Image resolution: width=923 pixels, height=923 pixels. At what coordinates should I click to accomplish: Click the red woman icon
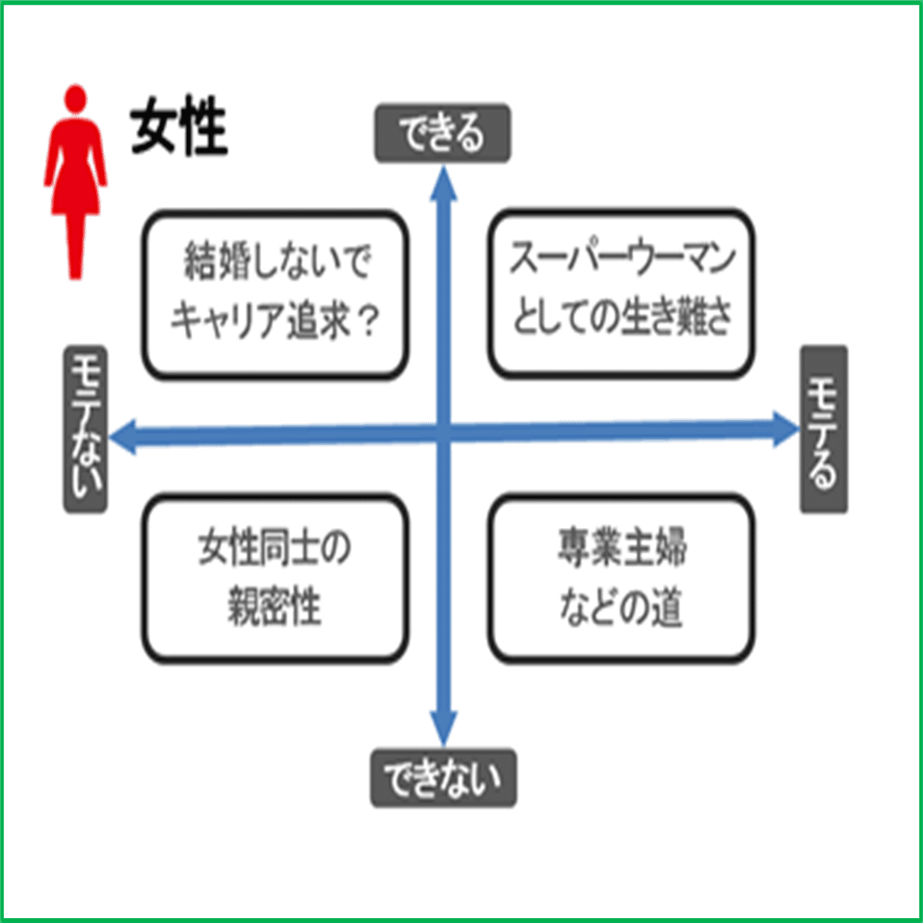click(76, 183)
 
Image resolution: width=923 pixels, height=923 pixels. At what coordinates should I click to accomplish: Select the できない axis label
click(443, 778)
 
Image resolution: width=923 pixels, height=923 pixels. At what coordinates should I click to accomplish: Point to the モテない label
click(84, 429)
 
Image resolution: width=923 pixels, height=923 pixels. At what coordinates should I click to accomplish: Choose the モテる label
click(824, 429)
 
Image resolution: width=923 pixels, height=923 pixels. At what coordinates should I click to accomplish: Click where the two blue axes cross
click(444, 433)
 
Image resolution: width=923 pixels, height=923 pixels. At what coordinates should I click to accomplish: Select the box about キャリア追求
click(276, 294)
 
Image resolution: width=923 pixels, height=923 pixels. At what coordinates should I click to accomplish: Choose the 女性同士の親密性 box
click(276, 577)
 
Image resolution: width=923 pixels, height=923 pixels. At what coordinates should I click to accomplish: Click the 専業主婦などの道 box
click(621, 577)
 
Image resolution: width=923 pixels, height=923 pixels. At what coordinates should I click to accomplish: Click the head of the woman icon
click(76, 98)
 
